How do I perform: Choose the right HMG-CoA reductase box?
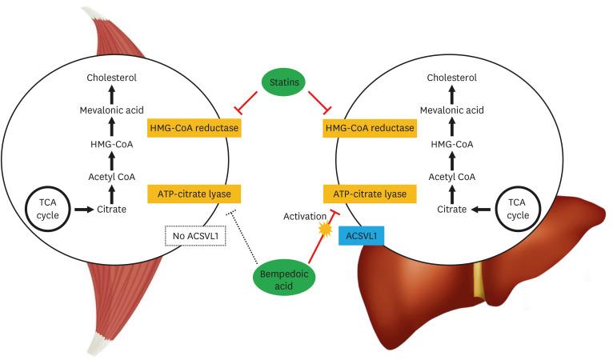[369, 127]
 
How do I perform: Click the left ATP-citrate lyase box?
[194, 193]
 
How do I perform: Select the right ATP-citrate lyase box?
[369, 193]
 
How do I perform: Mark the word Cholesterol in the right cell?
[451, 78]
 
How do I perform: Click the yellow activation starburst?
[325, 230]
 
